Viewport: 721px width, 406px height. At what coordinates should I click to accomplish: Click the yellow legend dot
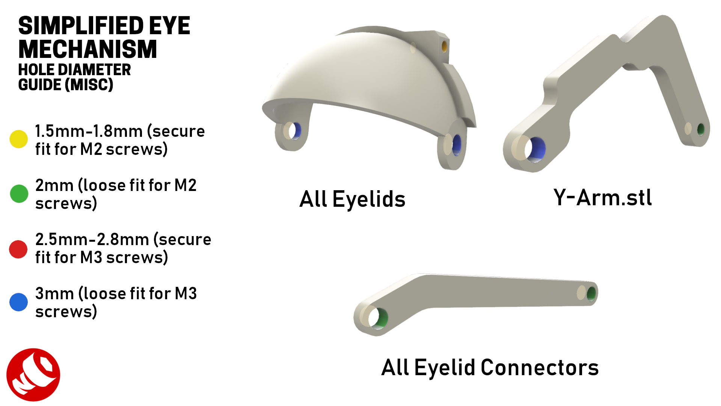pyautogui.click(x=18, y=139)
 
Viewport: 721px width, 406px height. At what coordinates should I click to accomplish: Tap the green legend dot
pyautogui.click(x=19, y=194)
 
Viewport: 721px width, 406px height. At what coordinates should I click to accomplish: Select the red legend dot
pyautogui.click(x=18, y=249)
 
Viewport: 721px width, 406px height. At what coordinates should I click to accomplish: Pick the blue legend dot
pyautogui.click(x=18, y=302)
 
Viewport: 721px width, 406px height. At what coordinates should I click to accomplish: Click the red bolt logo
pyautogui.click(x=33, y=374)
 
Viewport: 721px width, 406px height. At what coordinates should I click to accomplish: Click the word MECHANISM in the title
pyautogui.click(x=87, y=49)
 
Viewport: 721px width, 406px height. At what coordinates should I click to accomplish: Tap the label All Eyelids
pyautogui.click(x=352, y=199)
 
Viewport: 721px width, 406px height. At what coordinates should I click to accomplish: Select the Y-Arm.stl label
pyautogui.click(x=602, y=198)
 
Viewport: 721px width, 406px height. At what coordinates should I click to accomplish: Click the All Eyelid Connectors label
pyautogui.click(x=490, y=367)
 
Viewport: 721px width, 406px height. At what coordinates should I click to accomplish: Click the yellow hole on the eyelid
pyautogui.click(x=444, y=47)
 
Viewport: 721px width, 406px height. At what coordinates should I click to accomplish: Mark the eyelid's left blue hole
pyautogui.click(x=296, y=131)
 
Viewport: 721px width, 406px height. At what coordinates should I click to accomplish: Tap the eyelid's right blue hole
pyautogui.click(x=457, y=145)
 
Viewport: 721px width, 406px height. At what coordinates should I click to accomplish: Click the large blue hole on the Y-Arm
pyautogui.click(x=537, y=149)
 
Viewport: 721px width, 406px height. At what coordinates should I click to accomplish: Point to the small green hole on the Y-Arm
pyautogui.click(x=701, y=129)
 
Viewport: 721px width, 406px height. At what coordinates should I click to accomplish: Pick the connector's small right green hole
pyautogui.click(x=591, y=294)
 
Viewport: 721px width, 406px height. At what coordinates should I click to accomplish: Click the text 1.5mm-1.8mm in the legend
pyautogui.click(x=89, y=131)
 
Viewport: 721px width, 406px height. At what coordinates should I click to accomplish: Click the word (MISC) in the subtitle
pyautogui.click(x=89, y=85)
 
